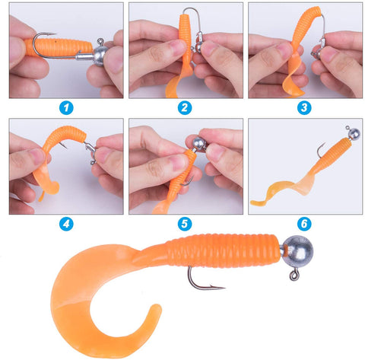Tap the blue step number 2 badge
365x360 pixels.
[184, 107]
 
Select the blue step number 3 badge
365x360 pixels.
[304, 107]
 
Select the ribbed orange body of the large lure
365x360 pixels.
[228, 250]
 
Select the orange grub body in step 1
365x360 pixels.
[57, 47]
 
